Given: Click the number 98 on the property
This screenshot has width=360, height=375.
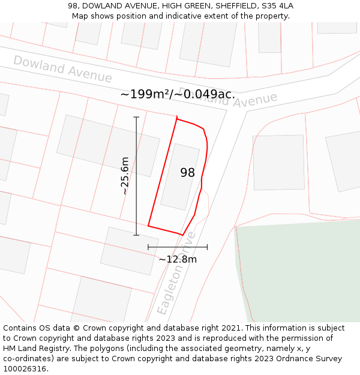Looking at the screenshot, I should [x=187, y=173].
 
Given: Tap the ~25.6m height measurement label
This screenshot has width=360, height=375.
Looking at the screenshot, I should [x=125, y=176].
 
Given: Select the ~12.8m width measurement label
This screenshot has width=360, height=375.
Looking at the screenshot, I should [x=178, y=259].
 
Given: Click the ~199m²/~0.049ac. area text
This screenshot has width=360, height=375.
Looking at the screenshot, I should [x=178, y=94].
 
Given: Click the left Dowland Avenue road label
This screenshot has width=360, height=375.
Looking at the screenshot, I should [x=62, y=69].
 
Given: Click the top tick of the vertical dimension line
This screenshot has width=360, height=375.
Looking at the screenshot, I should [x=136, y=117].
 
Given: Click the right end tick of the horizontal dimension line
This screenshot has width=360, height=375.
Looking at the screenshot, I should [x=207, y=247].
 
